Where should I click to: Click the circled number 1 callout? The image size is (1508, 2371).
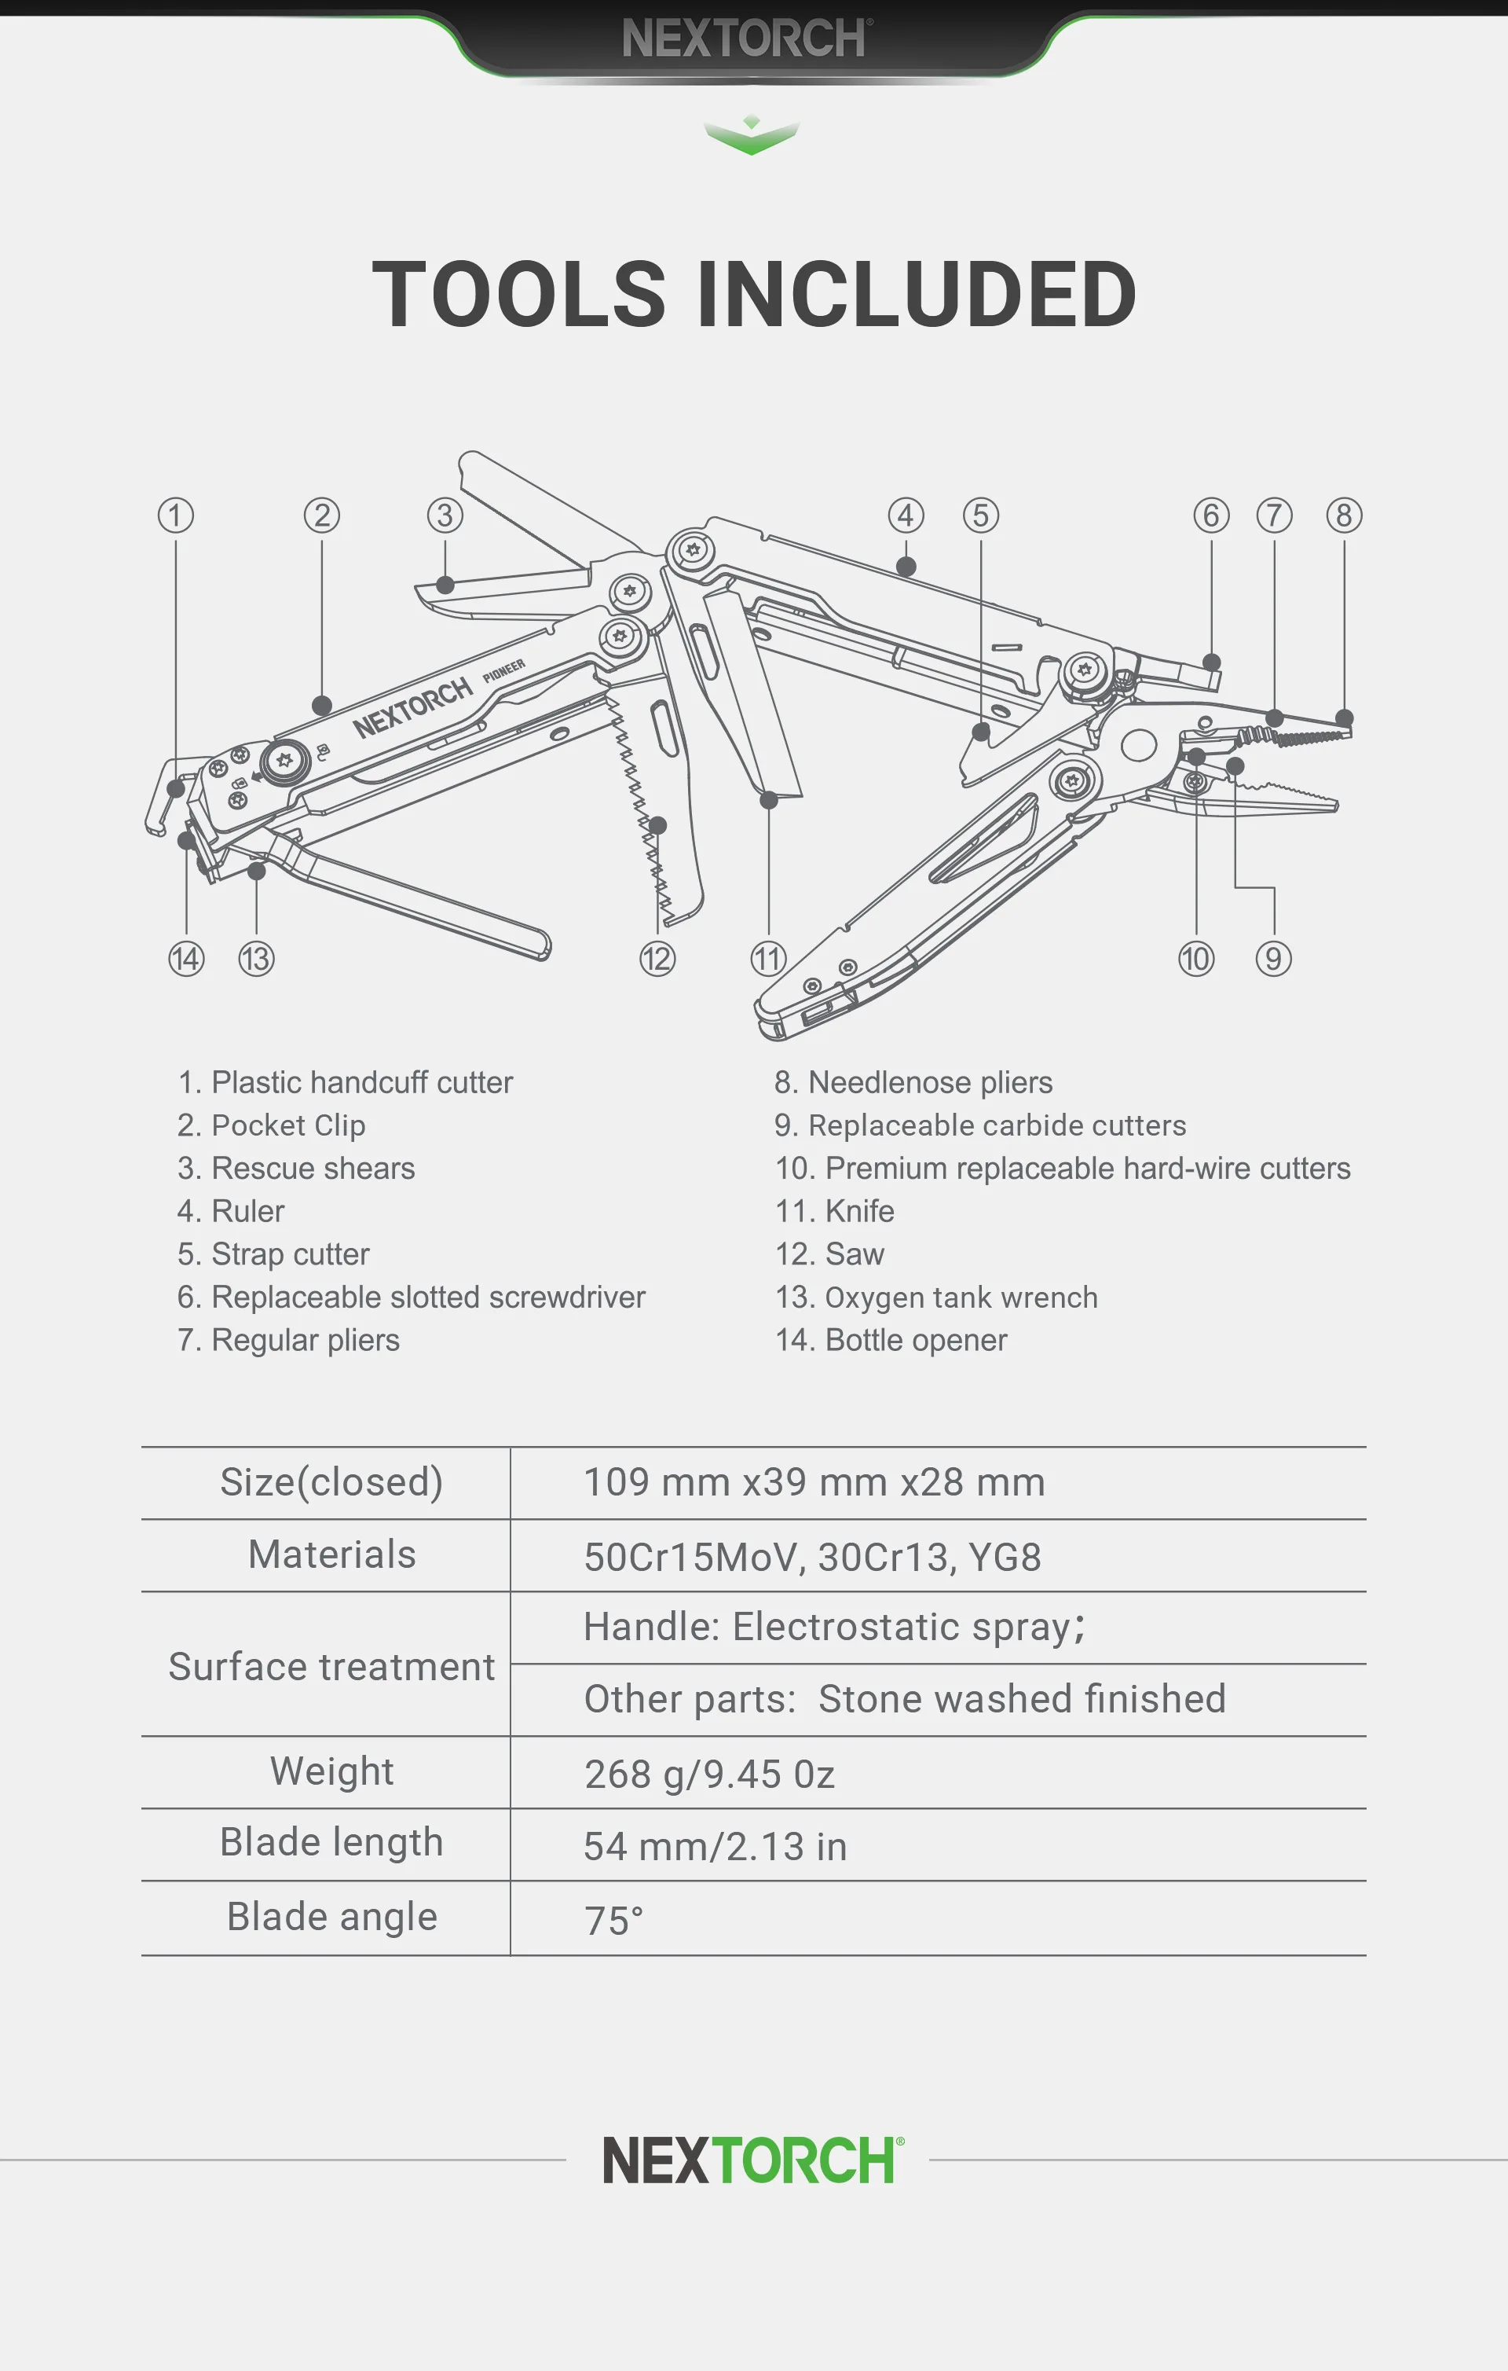pos(176,515)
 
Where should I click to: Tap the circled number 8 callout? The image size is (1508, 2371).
pos(1344,515)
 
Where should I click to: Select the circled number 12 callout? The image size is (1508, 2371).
pos(657,958)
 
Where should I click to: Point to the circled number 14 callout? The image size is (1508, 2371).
pos(186,958)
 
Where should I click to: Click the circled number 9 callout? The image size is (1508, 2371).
pos(1272,958)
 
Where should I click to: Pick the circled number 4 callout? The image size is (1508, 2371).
pos(906,515)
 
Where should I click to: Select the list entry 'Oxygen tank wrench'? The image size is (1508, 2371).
pos(936,1297)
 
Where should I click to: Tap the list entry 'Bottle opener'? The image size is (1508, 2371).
pos(891,1340)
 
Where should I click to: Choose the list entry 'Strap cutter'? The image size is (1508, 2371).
pos(273,1253)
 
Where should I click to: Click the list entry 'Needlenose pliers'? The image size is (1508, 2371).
pos(913,1082)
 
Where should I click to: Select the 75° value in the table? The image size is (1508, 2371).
pos(613,1920)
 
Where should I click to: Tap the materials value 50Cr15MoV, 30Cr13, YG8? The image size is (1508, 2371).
pos(812,1557)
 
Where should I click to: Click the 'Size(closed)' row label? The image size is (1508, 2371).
pos(331,1482)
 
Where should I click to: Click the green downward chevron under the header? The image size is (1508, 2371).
pos(751,136)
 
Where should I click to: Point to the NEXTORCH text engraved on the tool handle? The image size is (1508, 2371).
pos(413,708)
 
